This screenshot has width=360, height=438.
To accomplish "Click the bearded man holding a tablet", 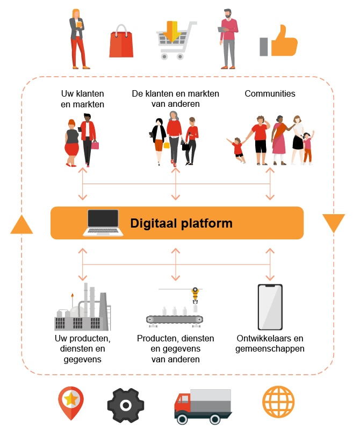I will pyautogui.click(x=228, y=39).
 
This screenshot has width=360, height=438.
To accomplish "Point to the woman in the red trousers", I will pyautogui.click(x=78, y=39).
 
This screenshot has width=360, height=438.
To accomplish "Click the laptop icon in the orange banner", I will pyautogui.click(x=103, y=223).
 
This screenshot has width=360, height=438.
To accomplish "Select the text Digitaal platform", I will pyautogui.click(x=181, y=223).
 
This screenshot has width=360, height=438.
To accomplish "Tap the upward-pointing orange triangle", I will pyautogui.click(x=21, y=225).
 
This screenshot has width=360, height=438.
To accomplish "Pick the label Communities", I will pyautogui.click(x=270, y=93).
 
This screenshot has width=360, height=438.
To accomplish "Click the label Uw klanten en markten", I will pyautogui.click(x=82, y=99).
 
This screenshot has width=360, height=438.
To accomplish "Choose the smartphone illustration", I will pyautogui.click(x=270, y=307).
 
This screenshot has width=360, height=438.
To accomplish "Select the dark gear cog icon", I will pyautogui.click(x=126, y=405).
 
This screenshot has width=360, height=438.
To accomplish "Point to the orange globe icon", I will pyautogui.click(x=278, y=402).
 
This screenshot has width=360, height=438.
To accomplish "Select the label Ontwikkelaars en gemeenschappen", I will pyautogui.click(x=270, y=344).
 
